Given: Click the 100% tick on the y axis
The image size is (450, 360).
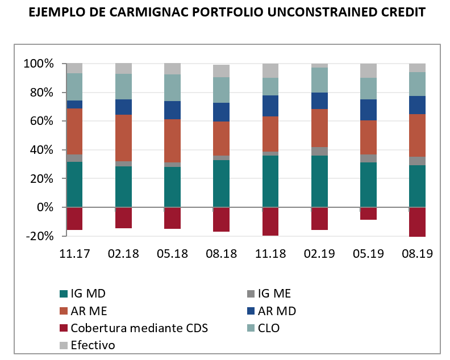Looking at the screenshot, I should (37, 64).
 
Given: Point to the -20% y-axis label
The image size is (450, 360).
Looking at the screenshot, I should (37, 236).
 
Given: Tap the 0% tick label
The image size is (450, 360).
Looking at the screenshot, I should (44, 207).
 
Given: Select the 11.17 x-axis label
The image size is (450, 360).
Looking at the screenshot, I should (74, 254).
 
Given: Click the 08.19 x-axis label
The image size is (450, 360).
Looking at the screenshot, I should (418, 254).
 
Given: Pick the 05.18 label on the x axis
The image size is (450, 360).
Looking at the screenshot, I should (172, 254).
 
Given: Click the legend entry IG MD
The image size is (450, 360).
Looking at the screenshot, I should (88, 294).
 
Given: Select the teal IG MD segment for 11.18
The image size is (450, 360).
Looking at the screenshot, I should (270, 181).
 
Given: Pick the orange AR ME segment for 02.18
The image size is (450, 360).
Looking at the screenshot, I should (124, 138).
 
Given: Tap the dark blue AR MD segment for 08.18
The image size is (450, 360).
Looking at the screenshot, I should (222, 112).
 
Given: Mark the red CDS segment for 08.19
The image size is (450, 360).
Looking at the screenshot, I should (418, 222).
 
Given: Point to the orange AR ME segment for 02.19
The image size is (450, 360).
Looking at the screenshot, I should (319, 128).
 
